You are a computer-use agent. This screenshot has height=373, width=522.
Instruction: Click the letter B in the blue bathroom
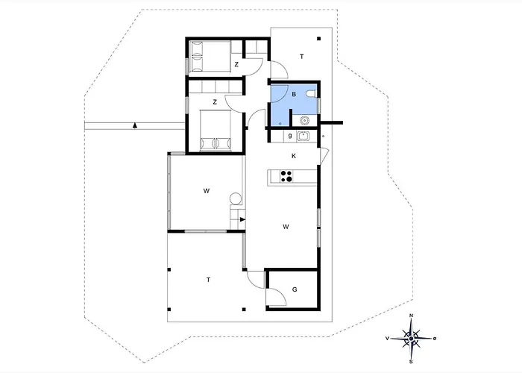click(294, 94)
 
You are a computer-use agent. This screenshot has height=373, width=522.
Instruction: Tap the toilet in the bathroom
click(312, 93)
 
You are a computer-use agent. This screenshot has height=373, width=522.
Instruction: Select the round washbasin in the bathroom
click(304, 120)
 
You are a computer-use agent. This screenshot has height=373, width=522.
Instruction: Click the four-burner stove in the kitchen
click(286, 176)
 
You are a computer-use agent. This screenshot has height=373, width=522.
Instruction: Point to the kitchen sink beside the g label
click(303, 136)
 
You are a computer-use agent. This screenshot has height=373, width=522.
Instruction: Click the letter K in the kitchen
click(294, 156)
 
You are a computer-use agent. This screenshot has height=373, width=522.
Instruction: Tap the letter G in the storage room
click(295, 289)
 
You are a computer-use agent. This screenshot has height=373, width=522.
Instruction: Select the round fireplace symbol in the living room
click(236, 198)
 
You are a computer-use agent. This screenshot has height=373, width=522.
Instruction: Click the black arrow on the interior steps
click(242, 219)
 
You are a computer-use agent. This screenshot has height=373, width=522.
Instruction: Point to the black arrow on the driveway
click(134, 125)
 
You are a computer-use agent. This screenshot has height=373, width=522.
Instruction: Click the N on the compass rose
click(411, 316)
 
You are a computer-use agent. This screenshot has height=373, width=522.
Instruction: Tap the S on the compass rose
click(411, 361)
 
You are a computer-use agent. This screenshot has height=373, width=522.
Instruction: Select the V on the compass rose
click(387, 339)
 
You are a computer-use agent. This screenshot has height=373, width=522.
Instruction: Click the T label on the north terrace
click(301, 57)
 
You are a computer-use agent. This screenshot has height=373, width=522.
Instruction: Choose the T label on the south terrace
click(208, 280)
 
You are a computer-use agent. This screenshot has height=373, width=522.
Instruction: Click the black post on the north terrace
click(318, 39)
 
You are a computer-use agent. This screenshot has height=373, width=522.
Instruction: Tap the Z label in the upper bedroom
click(236, 65)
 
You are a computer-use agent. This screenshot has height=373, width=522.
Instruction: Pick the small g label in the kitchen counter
click(290, 136)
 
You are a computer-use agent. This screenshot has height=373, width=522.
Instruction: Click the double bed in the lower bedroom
click(216, 131)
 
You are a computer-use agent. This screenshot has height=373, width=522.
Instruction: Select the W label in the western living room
click(207, 191)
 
